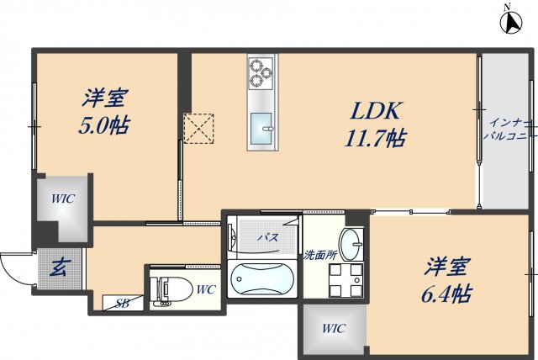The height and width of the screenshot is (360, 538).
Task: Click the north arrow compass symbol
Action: coord(511,23)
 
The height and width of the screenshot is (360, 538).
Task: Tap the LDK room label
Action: coord(375,111)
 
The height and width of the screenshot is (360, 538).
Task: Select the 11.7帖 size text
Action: coord(375,138)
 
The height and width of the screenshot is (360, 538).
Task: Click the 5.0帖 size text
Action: coord(104,125)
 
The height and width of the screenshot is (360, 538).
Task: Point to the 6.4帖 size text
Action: coord(446,294)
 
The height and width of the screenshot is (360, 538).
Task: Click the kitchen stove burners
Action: coord(261,72)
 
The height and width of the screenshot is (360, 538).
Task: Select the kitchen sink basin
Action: coord(261,129)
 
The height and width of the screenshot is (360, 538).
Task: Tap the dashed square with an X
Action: coord(198,129)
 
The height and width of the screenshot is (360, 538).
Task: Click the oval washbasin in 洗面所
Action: coord(351,244)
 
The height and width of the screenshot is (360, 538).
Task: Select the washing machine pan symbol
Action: coord(345,280)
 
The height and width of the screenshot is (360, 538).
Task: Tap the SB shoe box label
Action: coord(122,303)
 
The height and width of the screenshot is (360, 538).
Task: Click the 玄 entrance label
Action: coord(60,267)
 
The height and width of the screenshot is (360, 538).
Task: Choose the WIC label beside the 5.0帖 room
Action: coord(63,199)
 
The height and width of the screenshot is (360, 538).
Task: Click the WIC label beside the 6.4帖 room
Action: coord(334,328)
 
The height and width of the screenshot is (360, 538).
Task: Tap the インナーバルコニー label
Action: coord(510,129)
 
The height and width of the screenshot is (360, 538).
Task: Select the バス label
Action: coord(268,237)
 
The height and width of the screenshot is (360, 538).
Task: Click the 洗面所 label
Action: coord(320,255)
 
